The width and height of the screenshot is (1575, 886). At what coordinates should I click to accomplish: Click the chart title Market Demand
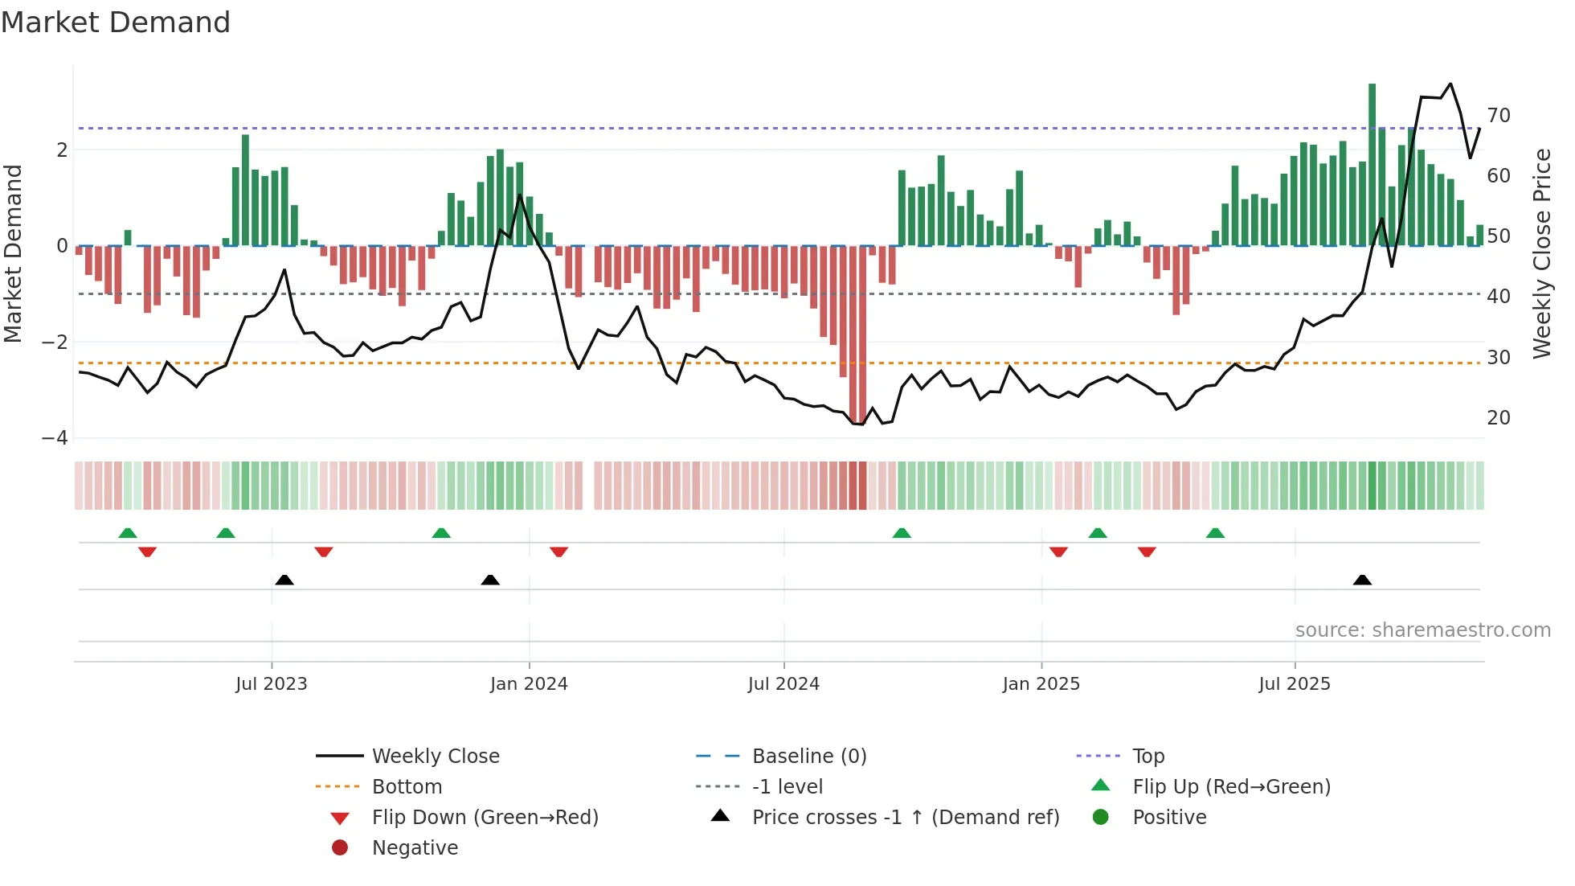click(116, 23)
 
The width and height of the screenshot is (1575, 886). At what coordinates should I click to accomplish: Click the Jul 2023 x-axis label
click(272, 684)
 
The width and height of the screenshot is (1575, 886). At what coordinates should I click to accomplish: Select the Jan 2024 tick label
click(529, 684)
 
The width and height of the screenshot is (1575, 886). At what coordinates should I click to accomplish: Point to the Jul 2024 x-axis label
click(783, 684)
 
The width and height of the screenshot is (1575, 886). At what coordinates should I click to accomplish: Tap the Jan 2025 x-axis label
click(1041, 684)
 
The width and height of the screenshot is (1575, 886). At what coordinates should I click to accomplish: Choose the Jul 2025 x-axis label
click(1295, 684)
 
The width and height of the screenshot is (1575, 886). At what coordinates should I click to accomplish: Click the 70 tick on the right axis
click(1499, 116)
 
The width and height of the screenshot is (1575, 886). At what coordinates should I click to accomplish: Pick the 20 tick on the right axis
click(1499, 418)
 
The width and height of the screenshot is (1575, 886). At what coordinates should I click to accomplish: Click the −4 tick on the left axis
click(55, 438)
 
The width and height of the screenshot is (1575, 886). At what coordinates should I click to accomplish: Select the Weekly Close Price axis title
click(1542, 253)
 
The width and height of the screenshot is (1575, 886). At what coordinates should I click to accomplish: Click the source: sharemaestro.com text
click(1422, 630)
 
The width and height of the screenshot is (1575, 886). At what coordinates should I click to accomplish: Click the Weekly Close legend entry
click(435, 757)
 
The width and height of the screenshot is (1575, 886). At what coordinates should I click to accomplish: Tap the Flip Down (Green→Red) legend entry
click(485, 818)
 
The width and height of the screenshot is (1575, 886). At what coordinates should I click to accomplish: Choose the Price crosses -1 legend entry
click(905, 818)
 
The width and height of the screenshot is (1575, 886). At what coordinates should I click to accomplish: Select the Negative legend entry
click(415, 848)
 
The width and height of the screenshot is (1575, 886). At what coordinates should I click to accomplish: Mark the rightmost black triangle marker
click(1362, 580)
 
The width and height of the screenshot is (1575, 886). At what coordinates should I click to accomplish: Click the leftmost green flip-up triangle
click(128, 533)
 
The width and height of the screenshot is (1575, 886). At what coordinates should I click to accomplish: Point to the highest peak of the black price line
click(1450, 84)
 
